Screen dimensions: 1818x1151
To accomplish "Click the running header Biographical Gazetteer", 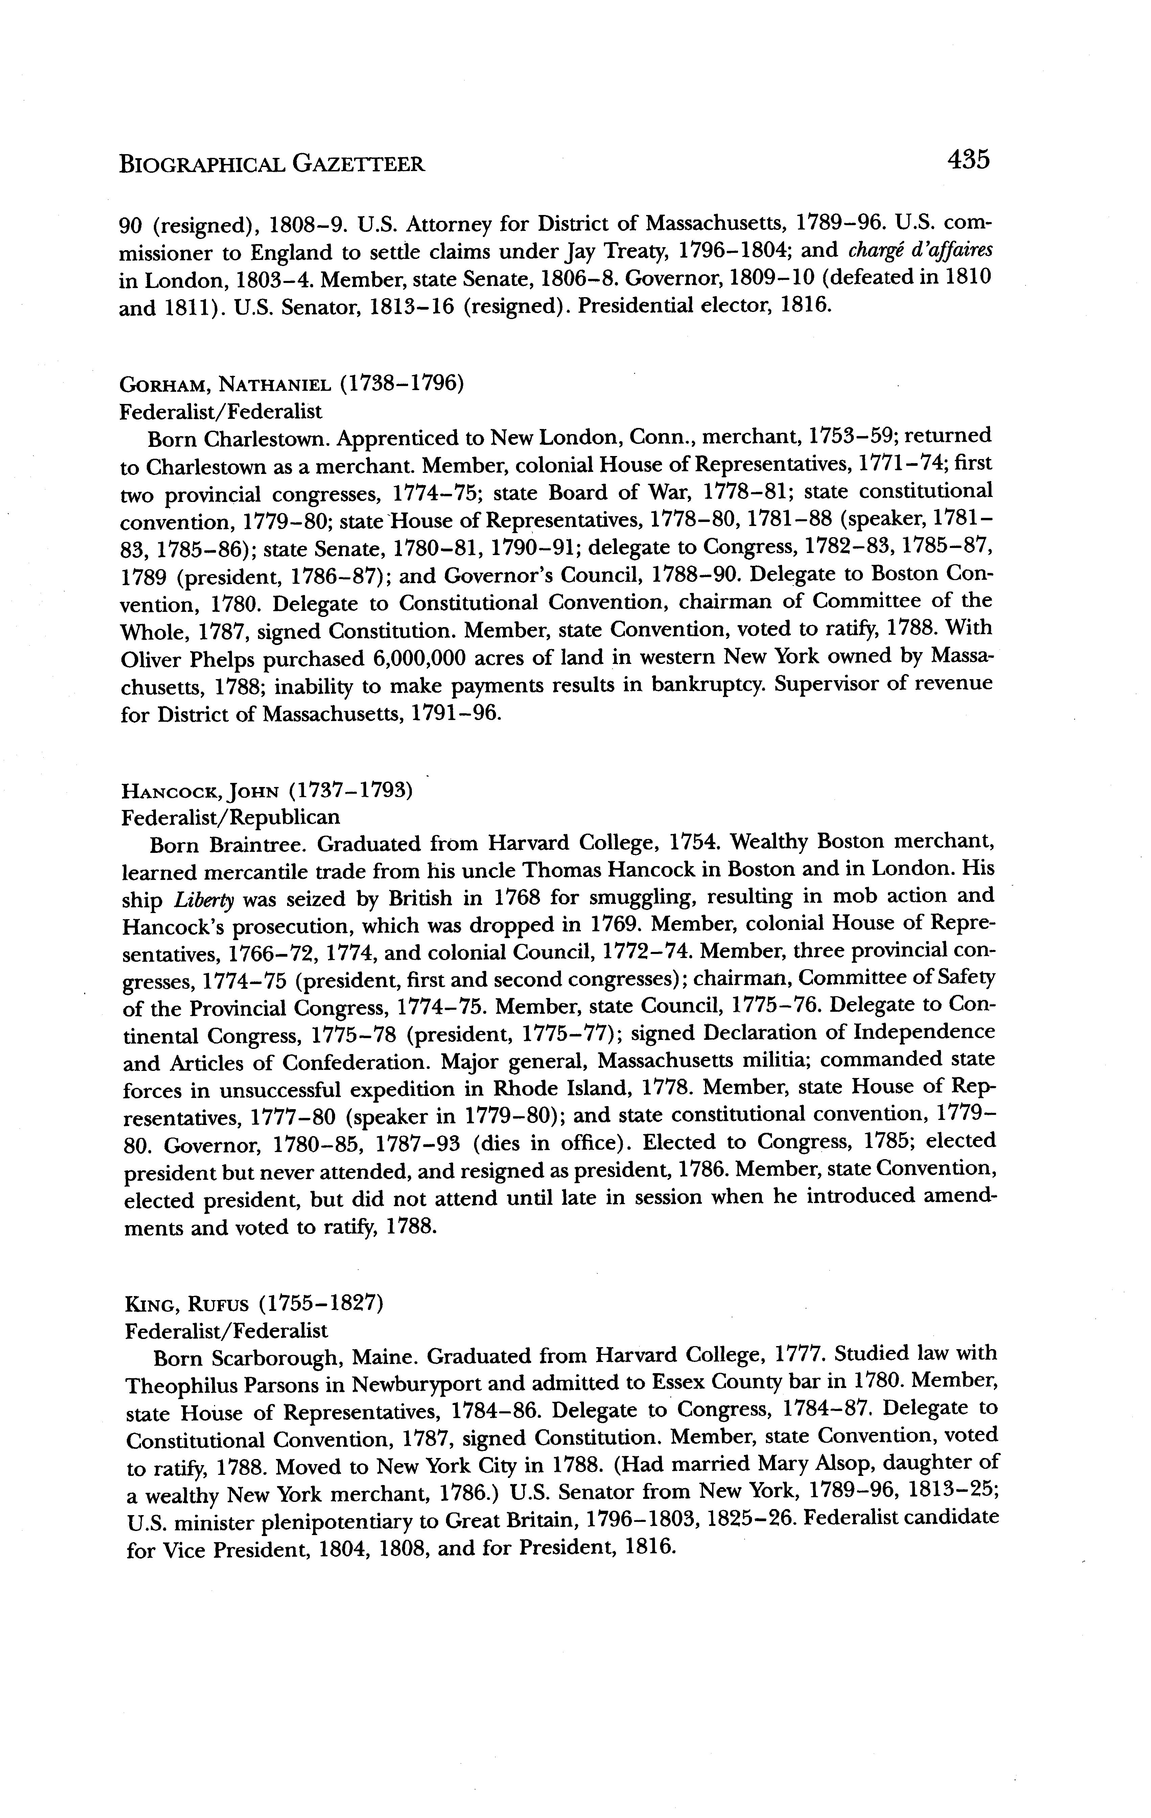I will click(x=272, y=163).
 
